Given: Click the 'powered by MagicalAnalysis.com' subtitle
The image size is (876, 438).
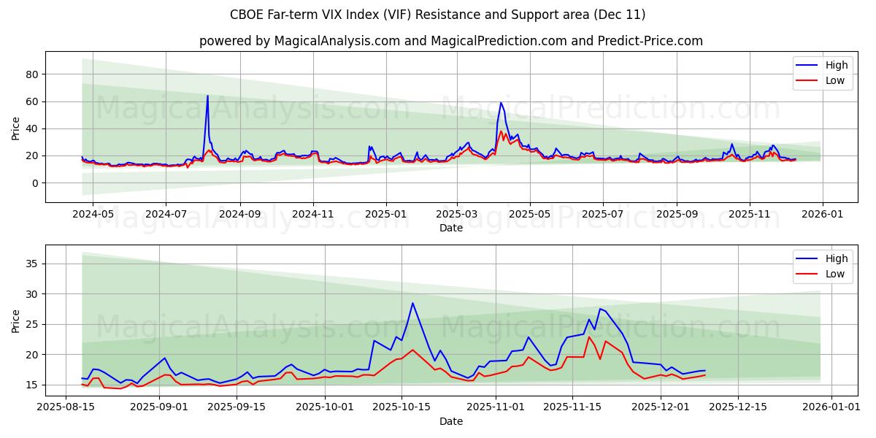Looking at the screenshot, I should point(450,41).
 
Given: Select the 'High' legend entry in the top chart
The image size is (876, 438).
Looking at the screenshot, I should point(837,65).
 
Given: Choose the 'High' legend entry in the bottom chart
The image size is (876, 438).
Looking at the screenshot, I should point(837,258).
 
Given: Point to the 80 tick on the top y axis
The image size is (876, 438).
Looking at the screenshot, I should point(32,74).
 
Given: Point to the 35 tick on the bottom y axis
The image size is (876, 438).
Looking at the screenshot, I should point(32,264).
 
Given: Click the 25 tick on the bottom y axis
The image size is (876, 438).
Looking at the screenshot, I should point(32,324).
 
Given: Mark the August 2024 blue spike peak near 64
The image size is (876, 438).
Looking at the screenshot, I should point(207,96).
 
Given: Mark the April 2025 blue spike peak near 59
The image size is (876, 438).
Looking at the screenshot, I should point(501,103).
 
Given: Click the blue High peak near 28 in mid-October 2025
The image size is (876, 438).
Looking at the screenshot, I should point(412,303).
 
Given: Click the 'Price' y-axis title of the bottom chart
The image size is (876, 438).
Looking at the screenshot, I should point(16,320).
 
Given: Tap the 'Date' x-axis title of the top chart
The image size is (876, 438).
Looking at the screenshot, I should point(450,228).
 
